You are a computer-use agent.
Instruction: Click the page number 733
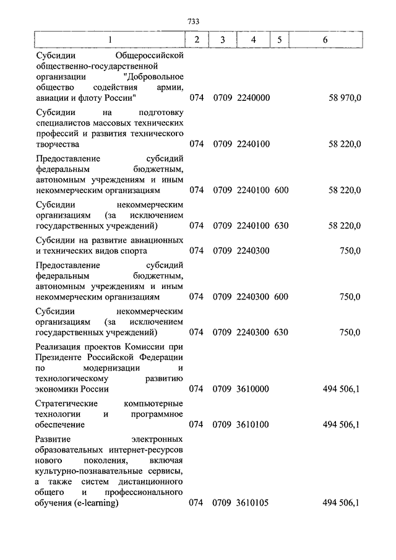tap(192, 22)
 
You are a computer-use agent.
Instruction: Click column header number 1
tap(110, 40)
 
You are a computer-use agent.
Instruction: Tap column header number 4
tap(253, 40)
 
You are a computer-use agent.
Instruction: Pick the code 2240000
tap(253, 98)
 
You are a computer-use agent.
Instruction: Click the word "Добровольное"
tap(154, 76)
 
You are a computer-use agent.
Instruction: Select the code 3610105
tap(253, 503)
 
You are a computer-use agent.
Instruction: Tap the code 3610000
tap(253, 389)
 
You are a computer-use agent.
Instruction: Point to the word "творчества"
tap(58, 144)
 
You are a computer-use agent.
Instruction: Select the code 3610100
tap(253, 424)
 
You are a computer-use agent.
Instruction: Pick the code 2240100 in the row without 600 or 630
tap(253, 144)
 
